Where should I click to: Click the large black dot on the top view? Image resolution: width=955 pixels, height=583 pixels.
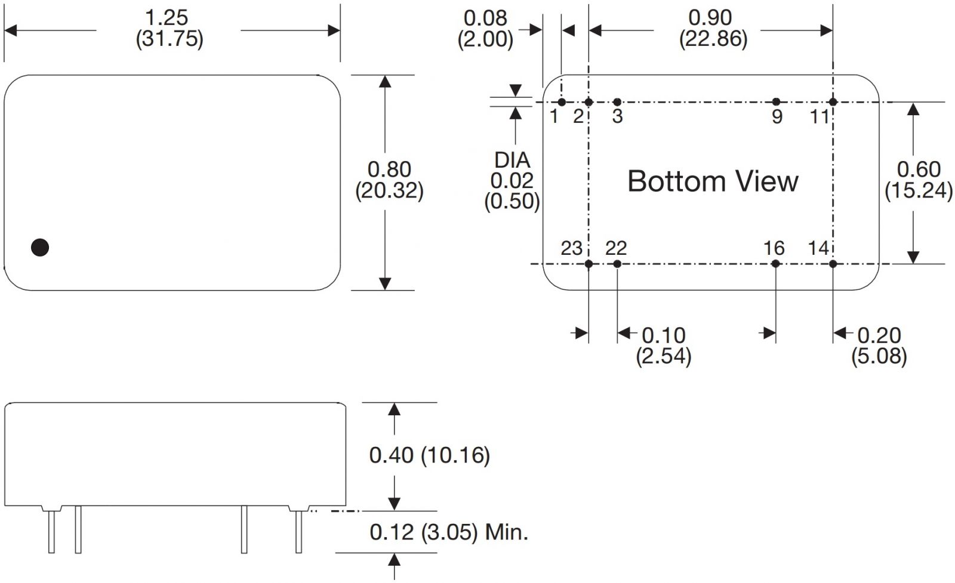(x=40, y=247)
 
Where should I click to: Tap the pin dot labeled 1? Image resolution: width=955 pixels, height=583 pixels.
(x=562, y=102)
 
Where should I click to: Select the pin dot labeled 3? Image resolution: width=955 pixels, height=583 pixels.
(x=617, y=102)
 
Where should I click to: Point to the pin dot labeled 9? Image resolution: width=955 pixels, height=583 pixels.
(x=776, y=102)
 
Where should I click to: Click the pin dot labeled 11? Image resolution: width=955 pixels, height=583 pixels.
(x=833, y=102)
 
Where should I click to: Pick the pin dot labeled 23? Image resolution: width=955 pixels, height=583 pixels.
(x=589, y=264)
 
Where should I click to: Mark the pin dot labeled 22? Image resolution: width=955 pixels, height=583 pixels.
(x=617, y=264)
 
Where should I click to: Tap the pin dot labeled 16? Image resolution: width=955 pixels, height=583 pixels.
(x=776, y=264)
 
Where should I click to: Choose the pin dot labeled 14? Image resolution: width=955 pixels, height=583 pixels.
(x=833, y=264)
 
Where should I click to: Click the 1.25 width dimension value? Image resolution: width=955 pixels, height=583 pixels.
(x=167, y=18)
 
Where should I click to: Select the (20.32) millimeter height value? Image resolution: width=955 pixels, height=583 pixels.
(x=389, y=191)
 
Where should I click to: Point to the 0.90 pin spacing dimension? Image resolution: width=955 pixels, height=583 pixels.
(x=710, y=18)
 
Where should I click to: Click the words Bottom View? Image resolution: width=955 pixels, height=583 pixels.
(x=713, y=181)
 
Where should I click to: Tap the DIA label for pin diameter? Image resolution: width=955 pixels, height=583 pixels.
(x=512, y=160)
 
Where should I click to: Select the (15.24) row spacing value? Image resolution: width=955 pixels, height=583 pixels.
(x=918, y=191)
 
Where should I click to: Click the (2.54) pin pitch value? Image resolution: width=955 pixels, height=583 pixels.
(x=663, y=357)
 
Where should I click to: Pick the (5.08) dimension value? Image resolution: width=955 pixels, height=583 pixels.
(x=879, y=357)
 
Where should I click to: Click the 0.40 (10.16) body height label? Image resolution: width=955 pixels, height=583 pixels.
(x=429, y=455)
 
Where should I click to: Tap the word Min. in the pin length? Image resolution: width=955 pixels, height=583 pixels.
(x=507, y=532)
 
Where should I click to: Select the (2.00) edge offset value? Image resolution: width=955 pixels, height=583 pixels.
(x=485, y=39)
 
